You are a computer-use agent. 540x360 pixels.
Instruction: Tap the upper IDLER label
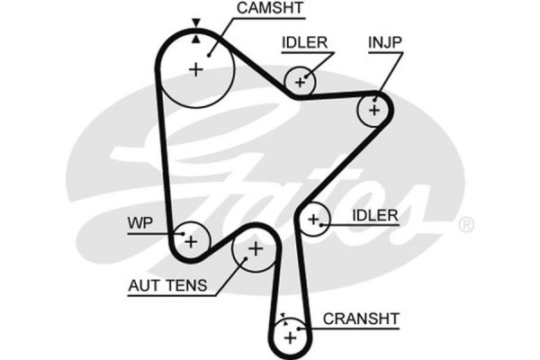coord(303,41)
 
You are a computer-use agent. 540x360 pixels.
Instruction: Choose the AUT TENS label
coord(167,286)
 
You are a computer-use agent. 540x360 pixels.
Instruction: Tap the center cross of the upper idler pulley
coord(301,82)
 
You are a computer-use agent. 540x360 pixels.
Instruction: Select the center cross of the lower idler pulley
coord(312,218)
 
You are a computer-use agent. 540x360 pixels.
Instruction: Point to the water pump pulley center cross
coord(190,240)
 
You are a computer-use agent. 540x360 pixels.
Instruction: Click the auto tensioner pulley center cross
coord(254,248)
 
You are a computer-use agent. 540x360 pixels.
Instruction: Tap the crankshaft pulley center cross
coord(289,338)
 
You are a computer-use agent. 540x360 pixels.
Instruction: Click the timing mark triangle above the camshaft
coord(196,22)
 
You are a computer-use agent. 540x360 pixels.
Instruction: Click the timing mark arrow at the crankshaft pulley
coord(281,317)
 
